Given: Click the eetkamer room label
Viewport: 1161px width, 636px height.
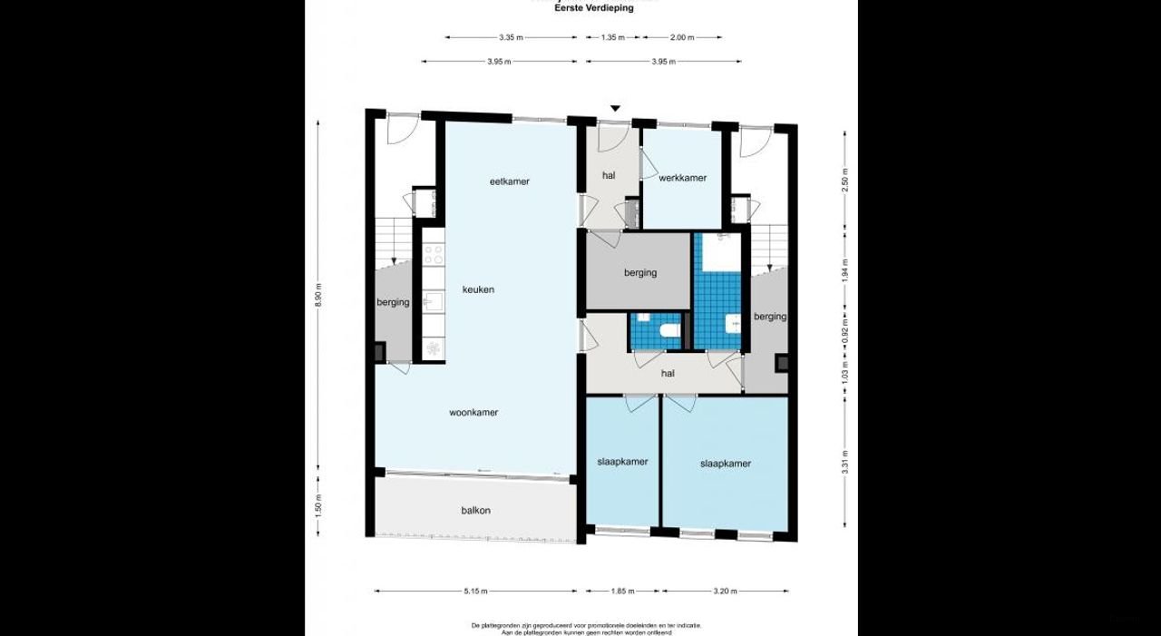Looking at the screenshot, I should pos(509,181).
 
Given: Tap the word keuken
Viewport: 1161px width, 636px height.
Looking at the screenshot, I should pos(478,289).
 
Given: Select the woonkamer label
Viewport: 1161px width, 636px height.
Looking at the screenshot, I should pos(473,412).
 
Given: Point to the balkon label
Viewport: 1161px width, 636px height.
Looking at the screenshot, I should pos(475,510).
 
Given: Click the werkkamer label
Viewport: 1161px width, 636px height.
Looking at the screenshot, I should pos(682,178).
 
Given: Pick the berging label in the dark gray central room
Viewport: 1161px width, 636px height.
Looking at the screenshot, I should pos(639,272).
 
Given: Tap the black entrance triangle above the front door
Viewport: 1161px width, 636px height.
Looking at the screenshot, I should pos(615,109).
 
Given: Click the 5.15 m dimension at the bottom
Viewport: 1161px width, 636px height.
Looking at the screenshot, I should pos(475,592).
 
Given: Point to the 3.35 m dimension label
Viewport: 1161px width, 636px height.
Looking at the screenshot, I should pos(511,38).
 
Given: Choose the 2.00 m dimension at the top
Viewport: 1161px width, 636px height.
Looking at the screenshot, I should pos(682,38).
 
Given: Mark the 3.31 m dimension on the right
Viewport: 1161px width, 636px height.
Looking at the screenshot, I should pos(844,462).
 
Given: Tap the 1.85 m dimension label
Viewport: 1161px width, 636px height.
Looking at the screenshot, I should pos(622,592).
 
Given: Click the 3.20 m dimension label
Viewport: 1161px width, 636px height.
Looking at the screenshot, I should pos(725,592).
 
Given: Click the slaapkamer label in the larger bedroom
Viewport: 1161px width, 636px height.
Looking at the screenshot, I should pos(725,464).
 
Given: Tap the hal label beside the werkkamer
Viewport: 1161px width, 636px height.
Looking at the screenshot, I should pos(609,175).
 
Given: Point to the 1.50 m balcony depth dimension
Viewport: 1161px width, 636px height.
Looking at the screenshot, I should pos(317,504).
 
